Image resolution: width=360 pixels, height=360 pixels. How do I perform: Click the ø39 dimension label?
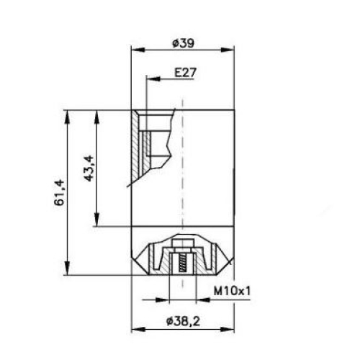coord(183,43)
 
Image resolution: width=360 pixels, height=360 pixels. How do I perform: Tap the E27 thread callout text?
coord(185,72)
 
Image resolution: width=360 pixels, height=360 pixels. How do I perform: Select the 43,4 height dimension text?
coord(89,168)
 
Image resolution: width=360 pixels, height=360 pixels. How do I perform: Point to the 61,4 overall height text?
coord(59,192)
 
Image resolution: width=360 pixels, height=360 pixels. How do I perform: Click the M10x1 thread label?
coord(232,292)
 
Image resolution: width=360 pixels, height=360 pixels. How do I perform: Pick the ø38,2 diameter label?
coord(183,321)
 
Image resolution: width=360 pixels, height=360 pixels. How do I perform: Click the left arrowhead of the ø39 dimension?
coord(138,50)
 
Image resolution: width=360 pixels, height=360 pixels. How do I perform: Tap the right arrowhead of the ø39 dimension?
coord(228,50)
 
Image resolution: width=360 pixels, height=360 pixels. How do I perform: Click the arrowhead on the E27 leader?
coord(153,78)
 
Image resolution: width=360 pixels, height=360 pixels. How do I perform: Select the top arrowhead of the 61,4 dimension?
coord(67,117)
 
